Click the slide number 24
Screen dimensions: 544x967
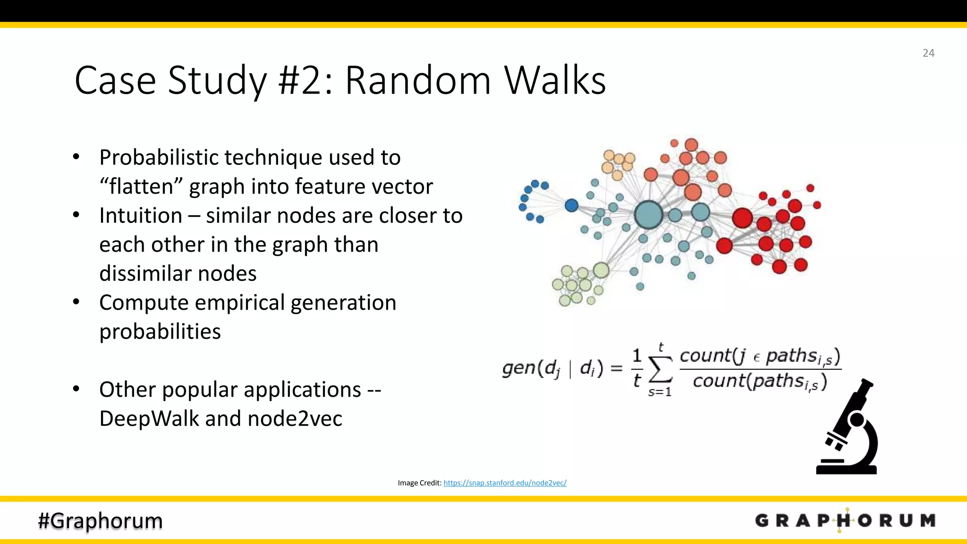point(928,53)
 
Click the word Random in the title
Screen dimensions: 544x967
point(417,80)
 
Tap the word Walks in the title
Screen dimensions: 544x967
point(555,80)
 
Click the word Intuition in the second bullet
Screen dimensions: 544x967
point(141,216)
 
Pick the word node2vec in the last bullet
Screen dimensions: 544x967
point(295,418)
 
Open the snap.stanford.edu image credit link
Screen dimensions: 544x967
point(505,483)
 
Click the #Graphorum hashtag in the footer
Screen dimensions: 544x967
point(100,520)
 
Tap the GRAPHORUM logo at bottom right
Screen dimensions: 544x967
point(845,520)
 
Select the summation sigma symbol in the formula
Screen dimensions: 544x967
point(661,369)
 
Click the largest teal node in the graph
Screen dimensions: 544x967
point(649,214)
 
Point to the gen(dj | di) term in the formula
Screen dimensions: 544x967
point(552,368)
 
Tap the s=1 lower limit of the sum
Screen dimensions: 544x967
point(660,392)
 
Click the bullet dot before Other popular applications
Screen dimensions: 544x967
point(76,389)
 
